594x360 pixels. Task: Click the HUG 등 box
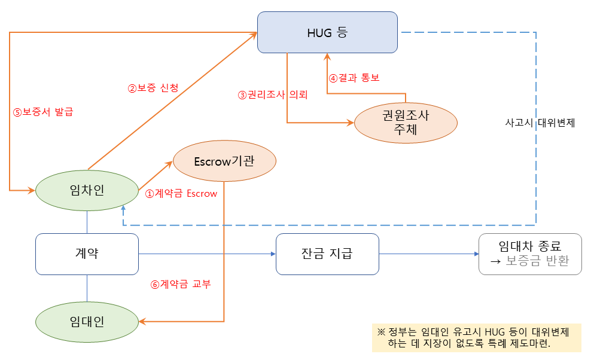coord(327,32)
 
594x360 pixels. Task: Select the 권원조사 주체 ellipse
coord(406,123)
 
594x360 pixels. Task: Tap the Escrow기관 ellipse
coord(224,161)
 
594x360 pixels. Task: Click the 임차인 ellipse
coord(87,191)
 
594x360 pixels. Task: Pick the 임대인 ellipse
coord(87,322)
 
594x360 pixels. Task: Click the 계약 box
coord(87,254)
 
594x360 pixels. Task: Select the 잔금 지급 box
coord(327,254)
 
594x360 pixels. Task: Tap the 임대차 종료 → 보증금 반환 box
coord(530,254)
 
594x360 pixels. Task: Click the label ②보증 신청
coord(153,88)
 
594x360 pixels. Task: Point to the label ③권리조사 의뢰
coord(272,94)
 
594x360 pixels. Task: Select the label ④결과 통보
coord(354,78)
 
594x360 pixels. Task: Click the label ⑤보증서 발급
coord(43,111)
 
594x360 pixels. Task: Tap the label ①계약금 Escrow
coord(181,193)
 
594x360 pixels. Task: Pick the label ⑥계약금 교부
coord(180,284)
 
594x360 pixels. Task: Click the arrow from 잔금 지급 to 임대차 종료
coord(428,254)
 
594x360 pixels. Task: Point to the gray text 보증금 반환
coord(537,261)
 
